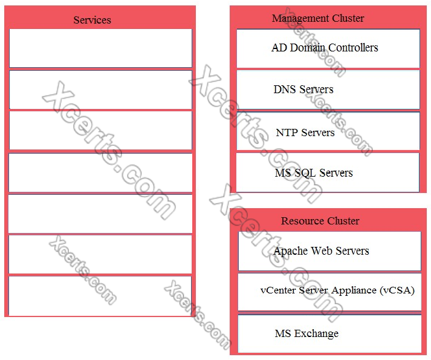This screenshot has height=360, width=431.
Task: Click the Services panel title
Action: point(92,20)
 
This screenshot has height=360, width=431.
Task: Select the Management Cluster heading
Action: point(318,18)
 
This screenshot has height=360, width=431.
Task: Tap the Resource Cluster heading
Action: point(320,221)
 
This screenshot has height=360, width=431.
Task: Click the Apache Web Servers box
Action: point(329,250)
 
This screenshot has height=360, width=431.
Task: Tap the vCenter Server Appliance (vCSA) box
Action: point(329,292)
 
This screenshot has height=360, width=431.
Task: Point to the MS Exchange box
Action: point(329,333)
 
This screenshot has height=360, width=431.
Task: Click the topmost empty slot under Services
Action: point(100,48)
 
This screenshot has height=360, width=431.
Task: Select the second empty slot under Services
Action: point(100,90)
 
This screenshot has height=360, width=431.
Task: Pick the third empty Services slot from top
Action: point(100,130)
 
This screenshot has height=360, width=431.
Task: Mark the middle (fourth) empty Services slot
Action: point(100,172)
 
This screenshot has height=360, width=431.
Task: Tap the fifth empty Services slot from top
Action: point(100,214)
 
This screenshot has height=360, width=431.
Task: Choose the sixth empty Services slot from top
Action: point(100,254)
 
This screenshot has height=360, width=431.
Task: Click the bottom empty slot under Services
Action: point(100,296)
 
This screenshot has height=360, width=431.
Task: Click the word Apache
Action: point(292,251)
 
